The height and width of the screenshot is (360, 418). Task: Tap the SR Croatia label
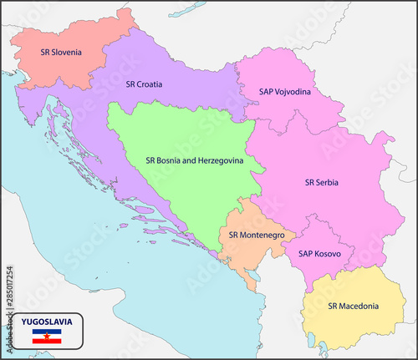click(144, 84)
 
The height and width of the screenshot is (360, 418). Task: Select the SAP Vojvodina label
click(285, 92)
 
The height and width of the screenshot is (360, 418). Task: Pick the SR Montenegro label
click(256, 236)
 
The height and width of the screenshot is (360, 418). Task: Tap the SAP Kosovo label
click(313, 253)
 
